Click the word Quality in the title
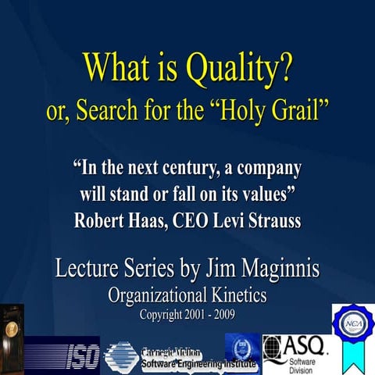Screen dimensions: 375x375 click(x=239, y=71)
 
